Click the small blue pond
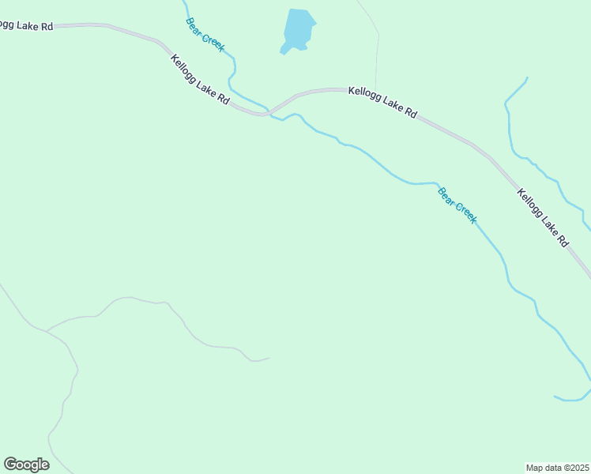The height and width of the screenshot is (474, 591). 299,30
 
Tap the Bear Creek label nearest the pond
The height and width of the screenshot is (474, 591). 205,35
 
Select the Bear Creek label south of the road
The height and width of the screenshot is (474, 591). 457,205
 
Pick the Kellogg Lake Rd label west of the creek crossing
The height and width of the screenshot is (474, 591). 201,80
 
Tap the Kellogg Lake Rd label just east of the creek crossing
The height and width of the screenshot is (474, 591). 382,103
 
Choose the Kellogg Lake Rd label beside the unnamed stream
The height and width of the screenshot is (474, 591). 543,217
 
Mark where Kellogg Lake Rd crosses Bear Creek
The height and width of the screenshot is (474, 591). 269,111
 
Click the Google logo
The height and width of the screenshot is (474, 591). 26,465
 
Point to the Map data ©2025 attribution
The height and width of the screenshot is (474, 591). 557,467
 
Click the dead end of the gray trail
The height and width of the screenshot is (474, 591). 269,358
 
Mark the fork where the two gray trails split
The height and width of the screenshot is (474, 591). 47,331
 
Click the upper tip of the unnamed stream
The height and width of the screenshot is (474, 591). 527,77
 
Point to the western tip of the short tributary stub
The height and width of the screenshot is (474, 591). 555,396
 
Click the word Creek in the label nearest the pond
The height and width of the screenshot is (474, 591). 213,42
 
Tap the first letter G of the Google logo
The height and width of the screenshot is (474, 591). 10,465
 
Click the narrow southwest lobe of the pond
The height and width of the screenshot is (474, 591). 284,51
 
